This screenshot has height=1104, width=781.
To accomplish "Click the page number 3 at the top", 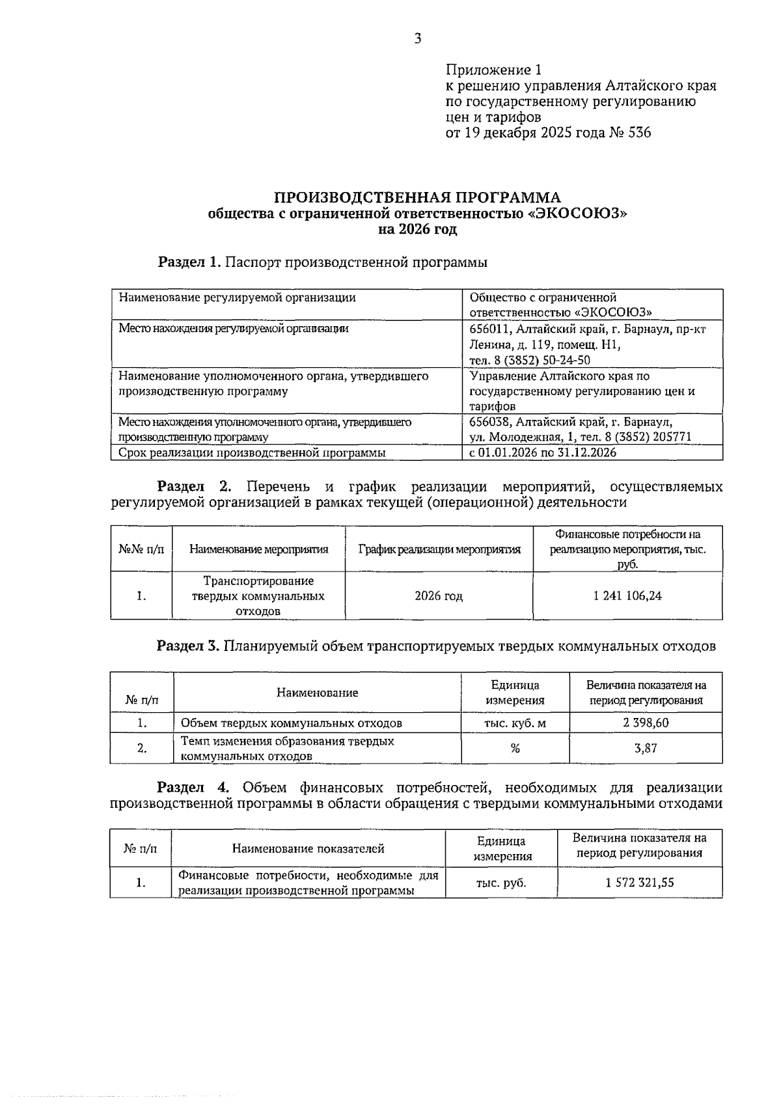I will (417, 39).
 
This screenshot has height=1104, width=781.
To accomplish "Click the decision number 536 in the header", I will (639, 133).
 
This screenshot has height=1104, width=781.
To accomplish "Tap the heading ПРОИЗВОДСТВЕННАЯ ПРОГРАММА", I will (417, 197).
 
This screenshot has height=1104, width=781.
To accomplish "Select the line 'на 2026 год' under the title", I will (417, 229).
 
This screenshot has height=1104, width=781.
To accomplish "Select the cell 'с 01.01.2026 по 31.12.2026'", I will (543, 452).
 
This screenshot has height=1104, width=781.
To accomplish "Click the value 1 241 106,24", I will (627, 596).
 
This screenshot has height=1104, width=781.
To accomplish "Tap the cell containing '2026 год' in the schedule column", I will (439, 596).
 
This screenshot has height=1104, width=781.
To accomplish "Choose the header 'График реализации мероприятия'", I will (439, 549).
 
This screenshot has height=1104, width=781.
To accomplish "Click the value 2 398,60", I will (645, 723).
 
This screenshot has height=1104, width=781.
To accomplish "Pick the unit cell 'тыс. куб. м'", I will (515, 723).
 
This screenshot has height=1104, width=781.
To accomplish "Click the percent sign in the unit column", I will (515, 749).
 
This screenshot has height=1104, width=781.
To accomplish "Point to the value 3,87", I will (645, 749).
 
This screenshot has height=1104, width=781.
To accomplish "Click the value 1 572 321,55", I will (639, 883).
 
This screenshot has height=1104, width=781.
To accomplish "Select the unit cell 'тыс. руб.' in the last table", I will (501, 883).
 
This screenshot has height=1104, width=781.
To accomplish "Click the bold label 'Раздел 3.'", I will (188, 646).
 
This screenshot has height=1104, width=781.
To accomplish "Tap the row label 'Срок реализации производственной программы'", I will (252, 452).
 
